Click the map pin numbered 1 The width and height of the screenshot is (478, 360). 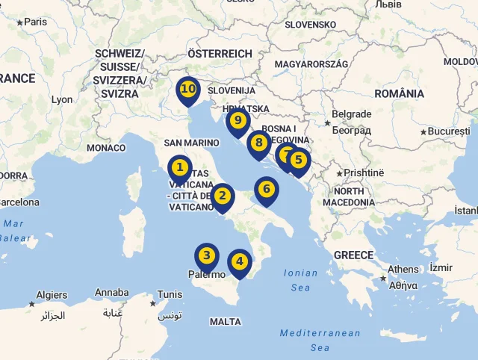point(179,167)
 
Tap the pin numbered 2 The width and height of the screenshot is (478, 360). point(222,196)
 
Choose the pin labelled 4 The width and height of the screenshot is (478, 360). point(239,261)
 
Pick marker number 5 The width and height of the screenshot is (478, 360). point(298,160)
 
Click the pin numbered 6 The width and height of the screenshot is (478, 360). point(266,190)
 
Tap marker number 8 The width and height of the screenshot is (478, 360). point(258,143)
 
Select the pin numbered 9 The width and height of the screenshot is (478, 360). point(238,120)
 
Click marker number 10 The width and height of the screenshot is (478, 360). point(188,90)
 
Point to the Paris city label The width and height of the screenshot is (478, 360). point(35,22)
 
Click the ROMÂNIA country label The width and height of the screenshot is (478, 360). point(399,93)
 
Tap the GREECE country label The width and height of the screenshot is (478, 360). point(353,255)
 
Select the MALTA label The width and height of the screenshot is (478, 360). point(226,322)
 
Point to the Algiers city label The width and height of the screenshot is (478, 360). point(52,295)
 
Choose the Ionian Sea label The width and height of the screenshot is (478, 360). point(300,280)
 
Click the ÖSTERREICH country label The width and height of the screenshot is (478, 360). point(220,54)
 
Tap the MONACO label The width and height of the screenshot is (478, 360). point(106,148)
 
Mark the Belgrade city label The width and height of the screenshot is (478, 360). point(351,114)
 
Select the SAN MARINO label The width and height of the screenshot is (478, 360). point(191,143)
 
